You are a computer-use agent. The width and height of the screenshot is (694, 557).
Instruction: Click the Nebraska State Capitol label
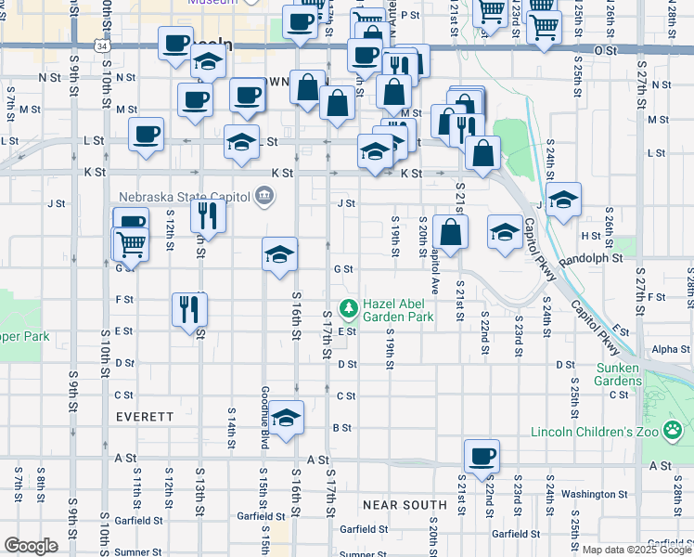click(185, 196)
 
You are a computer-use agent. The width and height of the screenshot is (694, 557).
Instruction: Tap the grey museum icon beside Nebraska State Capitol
click(264, 195)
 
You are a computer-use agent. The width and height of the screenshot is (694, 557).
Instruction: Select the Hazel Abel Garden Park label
click(398, 310)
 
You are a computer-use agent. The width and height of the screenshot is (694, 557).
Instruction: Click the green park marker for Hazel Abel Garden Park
click(349, 306)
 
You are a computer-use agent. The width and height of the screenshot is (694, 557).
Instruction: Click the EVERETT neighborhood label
click(145, 417)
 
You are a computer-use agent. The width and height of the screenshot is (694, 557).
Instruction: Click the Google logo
click(31, 546)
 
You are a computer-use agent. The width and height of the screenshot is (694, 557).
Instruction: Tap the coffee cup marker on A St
click(482, 457)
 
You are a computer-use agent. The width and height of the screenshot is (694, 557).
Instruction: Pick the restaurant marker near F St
click(189, 309)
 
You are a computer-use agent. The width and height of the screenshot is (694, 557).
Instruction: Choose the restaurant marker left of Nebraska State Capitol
click(207, 216)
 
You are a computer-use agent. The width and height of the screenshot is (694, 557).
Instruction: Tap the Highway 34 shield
click(101, 44)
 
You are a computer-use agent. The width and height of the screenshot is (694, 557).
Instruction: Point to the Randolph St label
click(591, 258)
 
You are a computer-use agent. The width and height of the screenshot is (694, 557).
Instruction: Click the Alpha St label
click(671, 349)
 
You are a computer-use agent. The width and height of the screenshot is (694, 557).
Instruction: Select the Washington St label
click(588, 494)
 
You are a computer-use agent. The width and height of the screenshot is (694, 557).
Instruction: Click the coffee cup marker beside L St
click(147, 135)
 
